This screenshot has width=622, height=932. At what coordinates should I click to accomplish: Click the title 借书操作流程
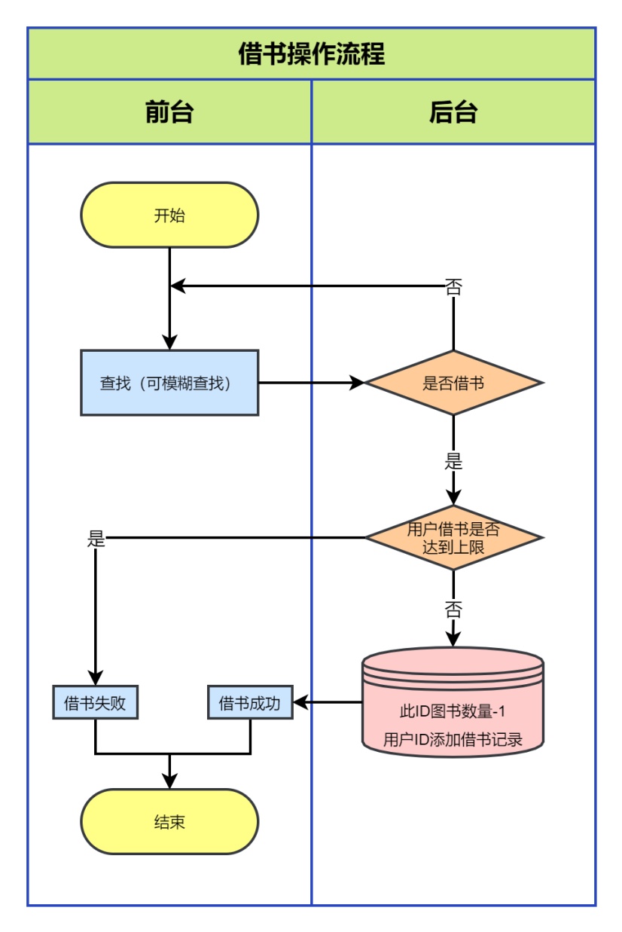[311, 54]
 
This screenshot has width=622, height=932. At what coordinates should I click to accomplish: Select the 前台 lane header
[169, 112]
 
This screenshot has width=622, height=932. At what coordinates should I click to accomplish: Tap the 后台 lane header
[453, 112]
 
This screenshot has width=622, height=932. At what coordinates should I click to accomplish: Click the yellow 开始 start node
[169, 215]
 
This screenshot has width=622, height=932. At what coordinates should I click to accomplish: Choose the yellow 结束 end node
[169, 821]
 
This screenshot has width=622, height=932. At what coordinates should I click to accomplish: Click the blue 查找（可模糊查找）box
[169, 383]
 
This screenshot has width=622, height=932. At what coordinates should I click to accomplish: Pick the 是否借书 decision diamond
[453, 383]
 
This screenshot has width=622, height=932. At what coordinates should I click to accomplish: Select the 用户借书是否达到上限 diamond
[453, 538]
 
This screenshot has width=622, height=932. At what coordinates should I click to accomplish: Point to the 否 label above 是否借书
[453, 286]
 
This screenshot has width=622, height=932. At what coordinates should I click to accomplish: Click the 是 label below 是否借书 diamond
[453, 461]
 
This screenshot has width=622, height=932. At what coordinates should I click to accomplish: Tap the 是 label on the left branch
[96, 539]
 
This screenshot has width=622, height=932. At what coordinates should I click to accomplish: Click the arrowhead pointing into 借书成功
[300, 703]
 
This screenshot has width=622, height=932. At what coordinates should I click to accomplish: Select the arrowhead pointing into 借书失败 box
[96, 678]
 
